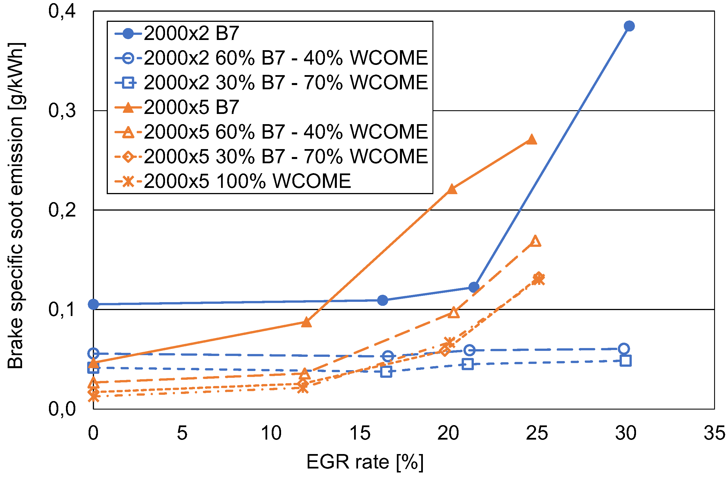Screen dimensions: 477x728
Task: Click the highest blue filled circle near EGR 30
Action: (x=629, y=26)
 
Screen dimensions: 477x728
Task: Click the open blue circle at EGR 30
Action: (x=623, y=349)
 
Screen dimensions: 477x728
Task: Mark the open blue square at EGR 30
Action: (x=626, y=361)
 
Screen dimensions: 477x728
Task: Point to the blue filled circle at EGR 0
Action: (x=93, y=304)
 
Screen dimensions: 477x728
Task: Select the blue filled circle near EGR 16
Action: (x=382, y=300)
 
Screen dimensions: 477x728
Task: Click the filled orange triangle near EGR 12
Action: (x=306, y=322)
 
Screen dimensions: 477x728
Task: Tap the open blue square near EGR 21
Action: (x=468, y=364)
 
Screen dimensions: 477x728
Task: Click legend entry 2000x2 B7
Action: (x=191, y=33)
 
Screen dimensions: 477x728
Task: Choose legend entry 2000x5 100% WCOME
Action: (x=247, y=181)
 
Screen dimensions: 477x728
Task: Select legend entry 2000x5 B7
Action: (x=191, y=107)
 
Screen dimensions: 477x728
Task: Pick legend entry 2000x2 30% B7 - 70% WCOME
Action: (x=285, y=83)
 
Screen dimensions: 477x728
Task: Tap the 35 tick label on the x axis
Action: (x=714, y=433)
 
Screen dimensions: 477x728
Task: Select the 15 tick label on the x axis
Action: (x=360, y=433)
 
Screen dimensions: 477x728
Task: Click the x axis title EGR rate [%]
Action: (x=365, y=462)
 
